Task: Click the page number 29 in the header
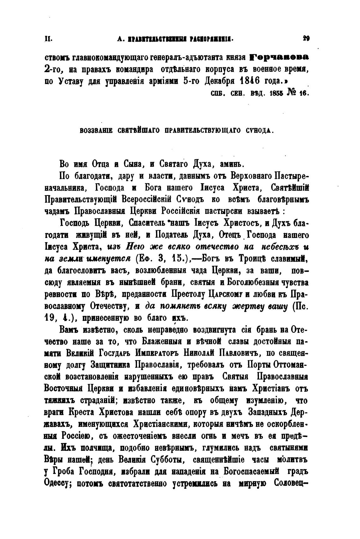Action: pyautogui.click(x=306, y=39)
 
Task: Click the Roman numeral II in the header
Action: pyautogui.click(x=48, y=39)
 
